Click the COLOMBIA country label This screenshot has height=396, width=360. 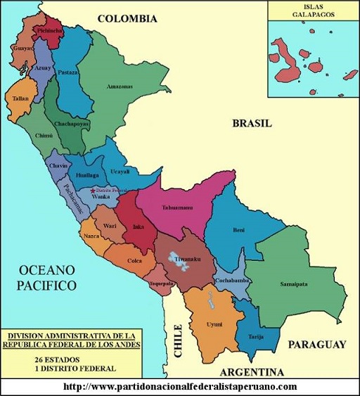127,19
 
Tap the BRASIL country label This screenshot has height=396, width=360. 252,123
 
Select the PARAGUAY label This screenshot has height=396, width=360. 316,345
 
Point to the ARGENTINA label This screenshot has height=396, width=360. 251,371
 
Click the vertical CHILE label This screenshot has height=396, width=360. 178,342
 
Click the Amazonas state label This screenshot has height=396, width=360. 119,87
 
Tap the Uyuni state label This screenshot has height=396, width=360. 214,324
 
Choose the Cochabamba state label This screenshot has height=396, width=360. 232,281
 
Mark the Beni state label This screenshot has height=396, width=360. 238,230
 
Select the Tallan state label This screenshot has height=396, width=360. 20,99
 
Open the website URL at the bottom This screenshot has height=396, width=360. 180,387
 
